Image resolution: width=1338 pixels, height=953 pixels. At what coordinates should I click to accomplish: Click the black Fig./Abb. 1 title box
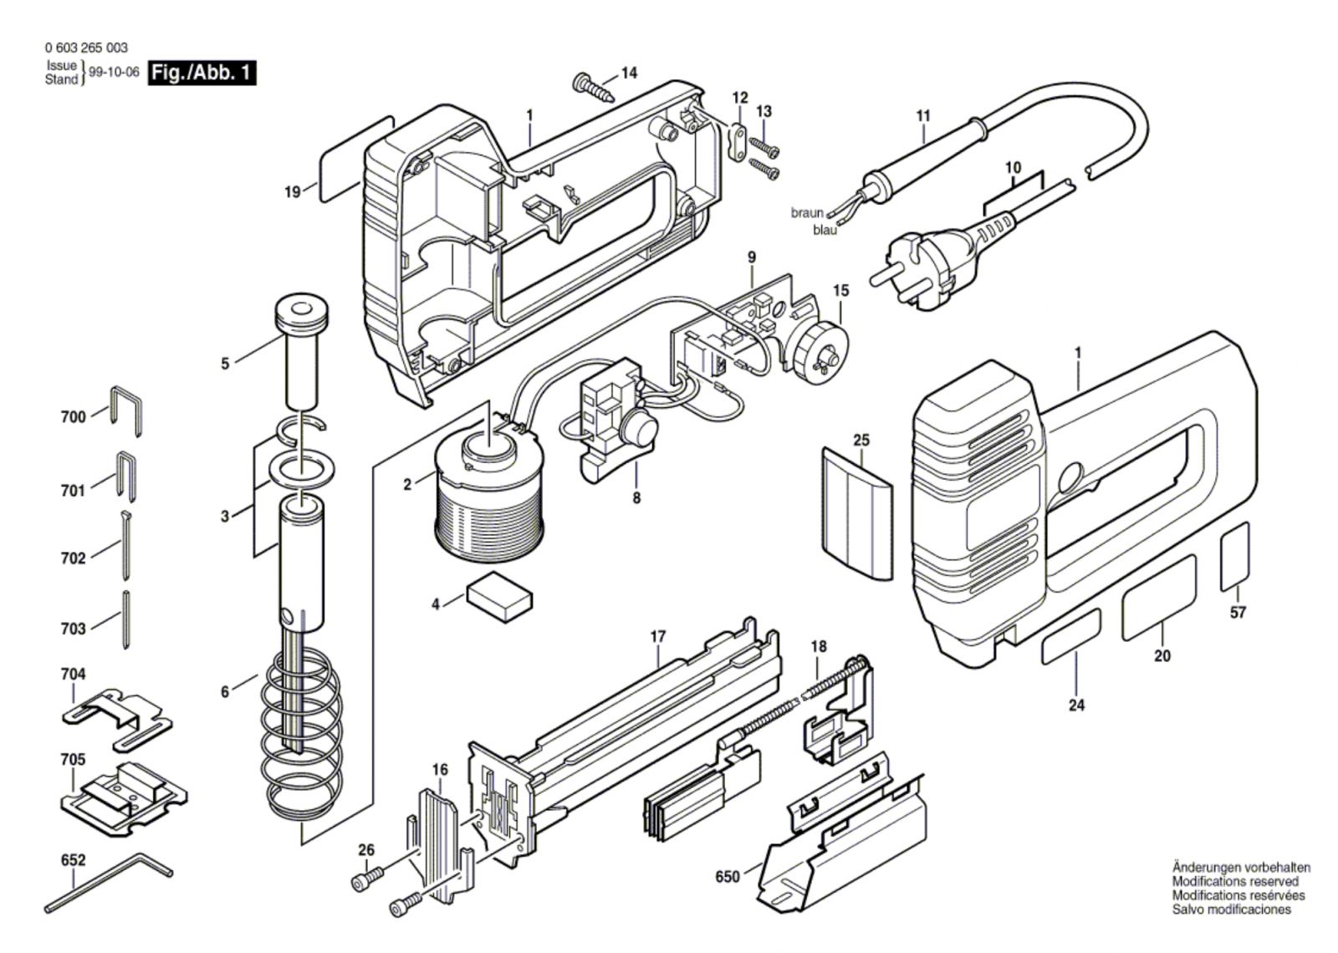[x=202, y=74]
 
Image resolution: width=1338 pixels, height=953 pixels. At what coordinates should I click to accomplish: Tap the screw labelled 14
[x=594, y=87]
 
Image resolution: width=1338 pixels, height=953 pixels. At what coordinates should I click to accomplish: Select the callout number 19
[x=293, y=192]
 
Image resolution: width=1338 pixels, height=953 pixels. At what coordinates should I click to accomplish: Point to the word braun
[x=807, y=212]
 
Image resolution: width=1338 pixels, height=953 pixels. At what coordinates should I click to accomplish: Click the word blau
[x=825, y=230]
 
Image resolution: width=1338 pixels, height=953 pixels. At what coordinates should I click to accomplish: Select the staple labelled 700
[x=126, y=411]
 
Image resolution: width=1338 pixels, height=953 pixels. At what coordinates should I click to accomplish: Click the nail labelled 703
[x=126, y=619]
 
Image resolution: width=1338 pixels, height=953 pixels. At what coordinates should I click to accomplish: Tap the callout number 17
[x=657, y=637]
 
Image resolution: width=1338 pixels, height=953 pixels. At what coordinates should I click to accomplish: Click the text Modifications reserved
[x=1234, y=881]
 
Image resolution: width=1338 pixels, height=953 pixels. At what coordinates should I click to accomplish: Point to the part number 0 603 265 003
[x=86, y=48]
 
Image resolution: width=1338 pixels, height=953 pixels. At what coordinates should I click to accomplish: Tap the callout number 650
[x=728, y=877]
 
